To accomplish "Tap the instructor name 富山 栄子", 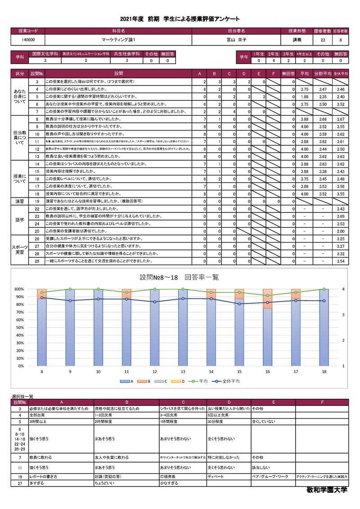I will point(237,40).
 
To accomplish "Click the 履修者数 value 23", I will point(323,40).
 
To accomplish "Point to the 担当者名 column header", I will point(237,32).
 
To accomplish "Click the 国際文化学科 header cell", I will point(45,54).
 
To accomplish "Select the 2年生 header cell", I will point(274,54).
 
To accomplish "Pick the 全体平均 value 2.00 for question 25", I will point(341,231).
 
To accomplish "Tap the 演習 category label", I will point(20,201).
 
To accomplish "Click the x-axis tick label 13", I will point(183,372).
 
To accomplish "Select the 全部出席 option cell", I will point(37,415).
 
